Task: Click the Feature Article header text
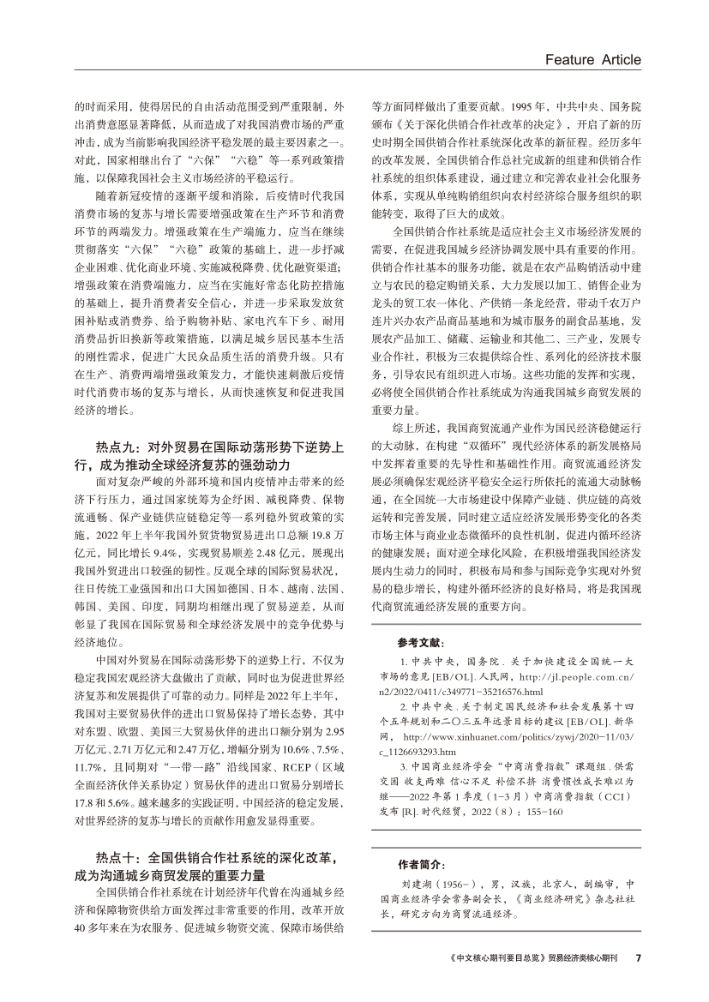coord(592,59)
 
